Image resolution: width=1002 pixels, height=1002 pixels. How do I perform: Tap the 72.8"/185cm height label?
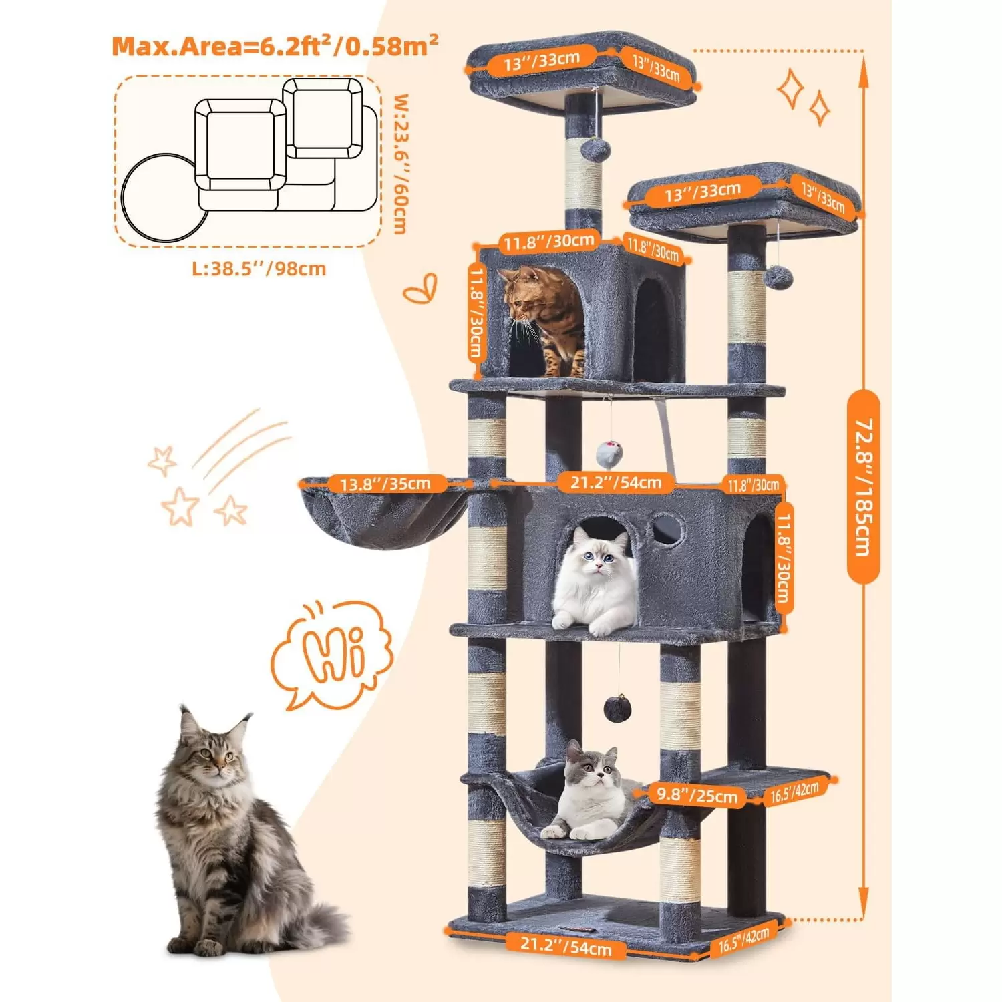pos(863,488)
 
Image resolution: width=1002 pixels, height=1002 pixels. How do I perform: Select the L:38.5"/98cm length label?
pos(259,269)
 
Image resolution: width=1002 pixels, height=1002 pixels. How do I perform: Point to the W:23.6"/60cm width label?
pos(400,164)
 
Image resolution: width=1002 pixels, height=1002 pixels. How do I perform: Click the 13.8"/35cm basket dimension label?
pos(385,484)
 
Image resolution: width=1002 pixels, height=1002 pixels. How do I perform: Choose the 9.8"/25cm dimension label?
pos(697,795)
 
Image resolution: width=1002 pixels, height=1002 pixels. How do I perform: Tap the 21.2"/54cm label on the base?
pos(566,945)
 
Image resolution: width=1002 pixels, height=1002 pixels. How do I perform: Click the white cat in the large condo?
pos(594,579)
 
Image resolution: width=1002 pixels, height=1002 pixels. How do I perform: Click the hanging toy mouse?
pos(609,454)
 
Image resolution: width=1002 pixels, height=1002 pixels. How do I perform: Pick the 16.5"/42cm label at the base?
pos(743,939)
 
